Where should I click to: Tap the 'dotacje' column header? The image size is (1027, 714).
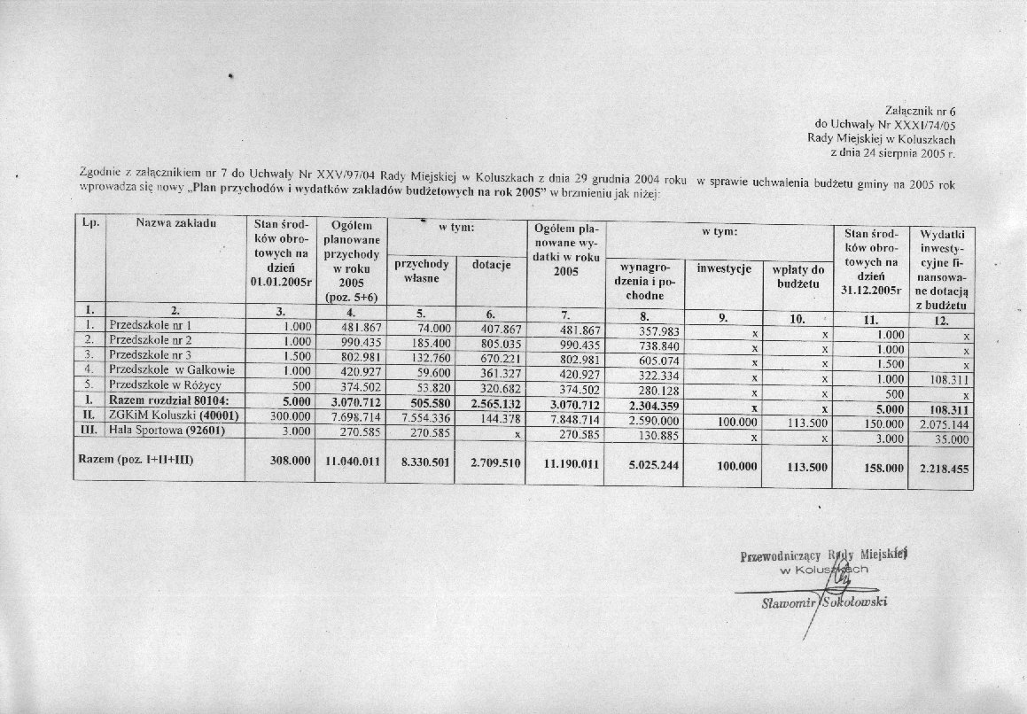(491, 265)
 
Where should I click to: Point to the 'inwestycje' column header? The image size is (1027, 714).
(724, 268)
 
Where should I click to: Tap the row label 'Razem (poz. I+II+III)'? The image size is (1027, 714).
(136, 461)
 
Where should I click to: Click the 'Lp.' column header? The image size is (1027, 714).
(89, 222)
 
